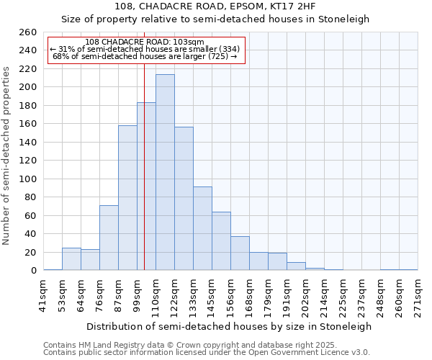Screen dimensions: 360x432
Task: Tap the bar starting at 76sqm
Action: pyautogui.click(x=109, y=238)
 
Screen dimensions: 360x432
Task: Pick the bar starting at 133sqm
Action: pyautogui.click(x=202, y=228)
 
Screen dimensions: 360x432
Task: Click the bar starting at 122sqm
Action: pyautogui.click(x=184, y=199)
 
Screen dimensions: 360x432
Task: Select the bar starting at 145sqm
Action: pyautogui.click(x=221, y=241)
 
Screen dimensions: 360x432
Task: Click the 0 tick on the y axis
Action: pyautogui.click(x=33, y=271)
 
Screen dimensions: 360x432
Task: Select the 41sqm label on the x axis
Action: pyautogui.click(x=43, y=295)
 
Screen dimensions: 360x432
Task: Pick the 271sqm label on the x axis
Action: pyautogui.click(x=418, y=295)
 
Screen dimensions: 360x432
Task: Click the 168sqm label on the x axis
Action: pyautogui.click(x=249, y=295)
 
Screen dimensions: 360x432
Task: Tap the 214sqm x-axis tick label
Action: pyautogui.click(x=324, y=295)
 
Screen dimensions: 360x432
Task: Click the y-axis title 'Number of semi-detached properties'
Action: pyautogui.click(x=6, y=155)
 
